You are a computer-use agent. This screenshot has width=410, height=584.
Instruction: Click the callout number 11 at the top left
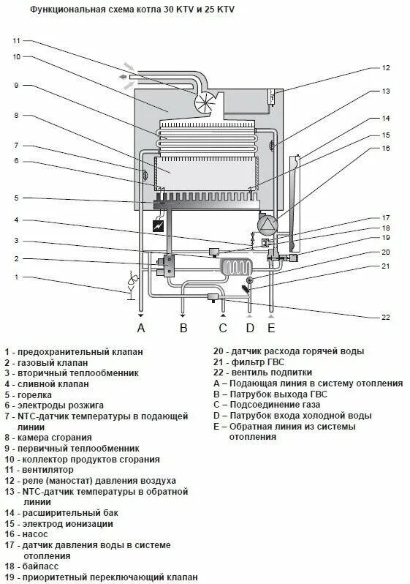point(17,40)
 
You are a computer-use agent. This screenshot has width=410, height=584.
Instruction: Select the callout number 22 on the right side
point(386,317)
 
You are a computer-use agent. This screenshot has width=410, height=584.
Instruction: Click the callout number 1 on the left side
point(17,277)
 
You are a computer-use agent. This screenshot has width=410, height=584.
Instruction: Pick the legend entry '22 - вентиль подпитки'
point(266,373)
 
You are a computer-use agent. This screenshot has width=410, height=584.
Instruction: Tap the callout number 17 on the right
point(386,217)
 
